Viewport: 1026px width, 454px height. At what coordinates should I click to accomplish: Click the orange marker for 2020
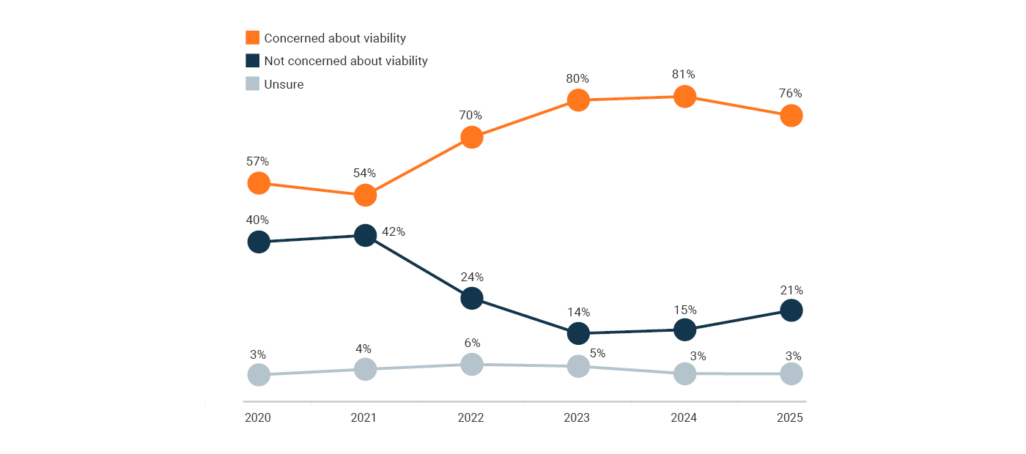tap(258, 182)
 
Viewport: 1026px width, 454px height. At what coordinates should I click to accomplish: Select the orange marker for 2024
tap(684, 96)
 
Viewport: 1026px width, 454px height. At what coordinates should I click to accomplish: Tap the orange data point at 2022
tap(472, 137)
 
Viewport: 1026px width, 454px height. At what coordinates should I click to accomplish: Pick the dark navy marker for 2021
tap(365, 235)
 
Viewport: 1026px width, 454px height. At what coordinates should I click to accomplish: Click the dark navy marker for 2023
tap(578, 333)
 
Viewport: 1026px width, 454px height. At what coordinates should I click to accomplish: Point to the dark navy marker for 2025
tap(791, 310)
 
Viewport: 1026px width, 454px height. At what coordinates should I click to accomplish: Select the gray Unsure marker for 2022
tap(472, 364)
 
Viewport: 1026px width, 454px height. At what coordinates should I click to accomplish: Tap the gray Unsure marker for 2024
tap(684, 373)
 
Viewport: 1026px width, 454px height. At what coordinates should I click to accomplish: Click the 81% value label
tap(684, 74)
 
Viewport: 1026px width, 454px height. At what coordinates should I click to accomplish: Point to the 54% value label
tap(364, 174)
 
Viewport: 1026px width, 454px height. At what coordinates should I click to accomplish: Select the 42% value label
tap(394, 231)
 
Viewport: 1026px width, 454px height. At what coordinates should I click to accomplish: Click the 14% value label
tap(578, 311)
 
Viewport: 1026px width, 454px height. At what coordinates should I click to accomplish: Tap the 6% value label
tap(472, 343)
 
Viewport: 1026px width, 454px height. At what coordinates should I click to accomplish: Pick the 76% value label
tap(791, 94)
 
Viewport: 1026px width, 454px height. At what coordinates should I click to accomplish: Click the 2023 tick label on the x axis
tap(577, 418)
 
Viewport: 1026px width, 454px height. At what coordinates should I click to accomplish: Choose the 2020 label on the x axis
tap(258, 418)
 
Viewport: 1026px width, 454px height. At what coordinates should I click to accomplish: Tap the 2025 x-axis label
tap(791, 418)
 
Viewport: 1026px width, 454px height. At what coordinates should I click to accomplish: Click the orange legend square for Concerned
tap(252, 37)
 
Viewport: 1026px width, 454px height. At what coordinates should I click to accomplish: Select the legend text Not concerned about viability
tap(346, 61)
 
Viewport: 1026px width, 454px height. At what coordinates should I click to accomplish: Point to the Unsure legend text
tap(284, 84)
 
